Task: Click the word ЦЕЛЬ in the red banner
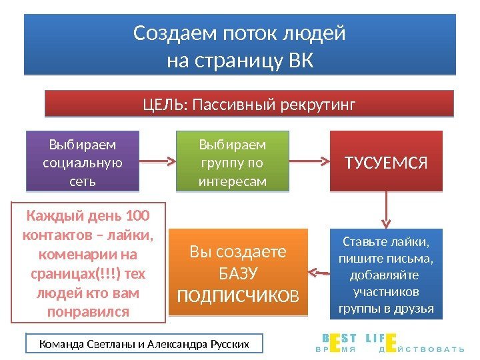[x=165, y=105]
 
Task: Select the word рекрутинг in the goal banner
[x=317, y=105]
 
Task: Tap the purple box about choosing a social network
[x=83, y=162]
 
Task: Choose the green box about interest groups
[x=233, y=162]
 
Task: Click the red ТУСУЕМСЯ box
[x=386, y=161]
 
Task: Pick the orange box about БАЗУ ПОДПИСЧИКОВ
[x=239, y=272]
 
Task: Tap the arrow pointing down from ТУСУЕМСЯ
[x=387, y=209]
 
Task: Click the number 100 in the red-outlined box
[x=137, y=216]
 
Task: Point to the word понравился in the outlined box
[x=87, y=311]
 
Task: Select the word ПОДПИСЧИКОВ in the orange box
[x=238, y=294]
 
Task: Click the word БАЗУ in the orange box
[x=239, y=273]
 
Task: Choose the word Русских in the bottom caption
[x=227, y=344]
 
